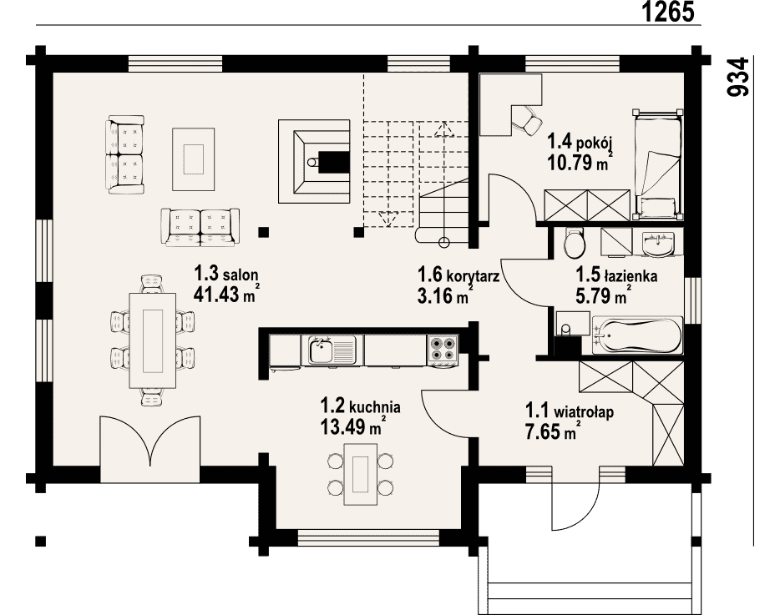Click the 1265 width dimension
tap(669, 12)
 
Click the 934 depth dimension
tap(737, 77)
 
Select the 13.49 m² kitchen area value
tap(352, 426)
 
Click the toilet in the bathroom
tap(574, 243)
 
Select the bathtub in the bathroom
tap(637, 335)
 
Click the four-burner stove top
tap(443, 349)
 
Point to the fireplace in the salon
tap(314, 161)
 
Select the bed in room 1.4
tap(657, 164)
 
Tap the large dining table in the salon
tap(153, 340)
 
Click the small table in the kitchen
tap(361, 474)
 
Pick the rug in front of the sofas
tap(194, 159)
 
